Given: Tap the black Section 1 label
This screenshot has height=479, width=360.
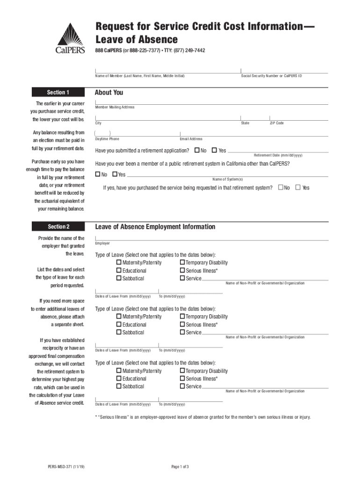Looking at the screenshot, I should pos(58,92).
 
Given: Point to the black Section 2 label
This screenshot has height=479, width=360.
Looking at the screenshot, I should pos(58,227).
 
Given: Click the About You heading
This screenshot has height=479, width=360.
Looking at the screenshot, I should pos(109,92).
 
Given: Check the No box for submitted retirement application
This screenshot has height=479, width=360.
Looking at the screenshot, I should pos(197,151).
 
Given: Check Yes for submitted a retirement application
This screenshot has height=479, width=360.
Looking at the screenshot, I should pos(214,151).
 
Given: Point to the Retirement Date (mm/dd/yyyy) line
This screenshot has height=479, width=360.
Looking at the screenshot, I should pos(278,151).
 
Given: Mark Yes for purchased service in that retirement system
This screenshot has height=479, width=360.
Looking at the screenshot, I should pos(298,188).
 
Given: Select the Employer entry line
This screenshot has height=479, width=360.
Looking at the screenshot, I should pos(211,237).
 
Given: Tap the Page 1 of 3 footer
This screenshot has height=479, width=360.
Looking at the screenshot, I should pos(180,466).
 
